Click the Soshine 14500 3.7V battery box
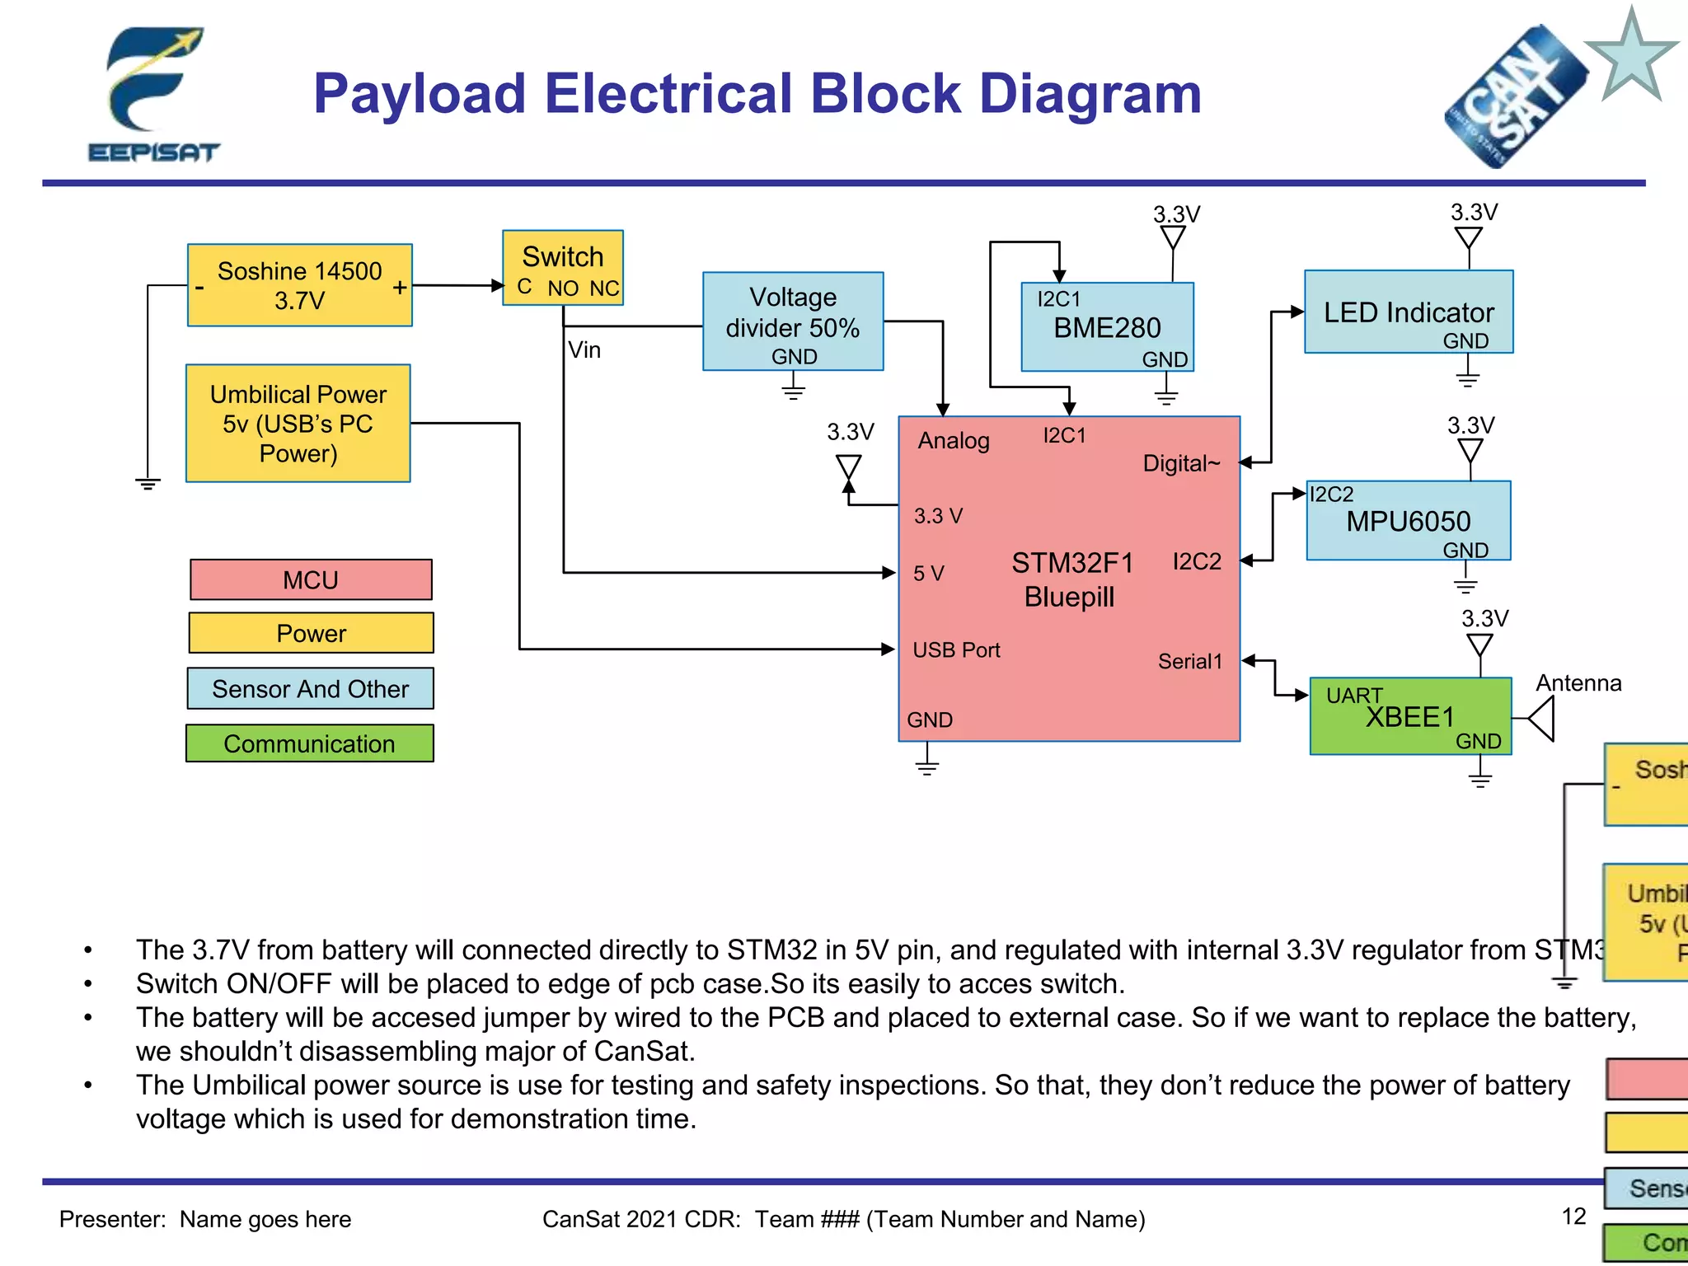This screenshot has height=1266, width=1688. click(299, 285)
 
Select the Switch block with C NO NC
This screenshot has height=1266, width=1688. click(563, 268)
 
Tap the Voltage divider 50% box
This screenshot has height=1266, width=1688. click(793, 321)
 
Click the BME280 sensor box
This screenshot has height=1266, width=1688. click(1107, 327)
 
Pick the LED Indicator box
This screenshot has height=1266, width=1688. click(1409, 312)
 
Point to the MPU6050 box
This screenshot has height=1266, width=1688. click(1409, 521)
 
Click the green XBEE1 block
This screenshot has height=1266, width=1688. click(1410, 716)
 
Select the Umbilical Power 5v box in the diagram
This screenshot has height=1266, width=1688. click(298, 423)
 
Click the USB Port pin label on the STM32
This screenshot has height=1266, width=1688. click(956, 650)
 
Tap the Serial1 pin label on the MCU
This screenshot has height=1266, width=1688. click(1189, 661)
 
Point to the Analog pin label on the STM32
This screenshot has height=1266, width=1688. click(954, 440)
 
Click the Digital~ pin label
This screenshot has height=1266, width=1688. click(1181, 463)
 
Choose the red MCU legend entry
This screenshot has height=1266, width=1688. click(311, 580)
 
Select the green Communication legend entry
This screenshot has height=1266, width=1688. click(310, 743)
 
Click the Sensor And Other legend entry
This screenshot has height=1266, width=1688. click(310, 688)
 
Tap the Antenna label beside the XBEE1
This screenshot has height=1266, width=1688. click(1578, 682)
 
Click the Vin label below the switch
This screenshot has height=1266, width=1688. click(584, 349)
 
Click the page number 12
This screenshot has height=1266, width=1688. click(1573, 1216)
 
